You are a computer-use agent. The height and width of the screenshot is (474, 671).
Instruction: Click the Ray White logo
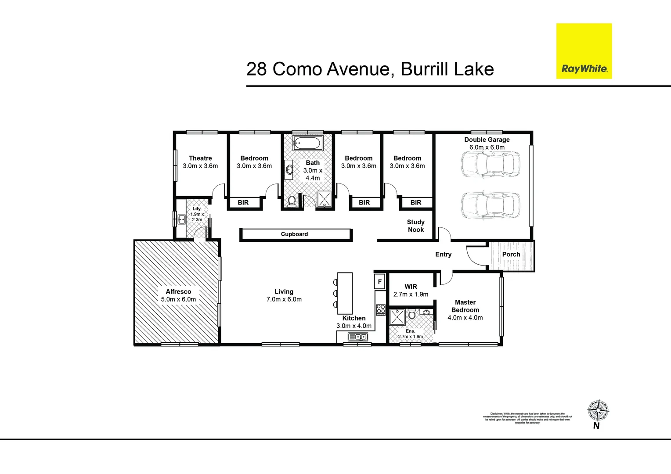[x=584, y=51]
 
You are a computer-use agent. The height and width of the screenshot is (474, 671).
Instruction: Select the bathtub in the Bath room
[x=308, y=143]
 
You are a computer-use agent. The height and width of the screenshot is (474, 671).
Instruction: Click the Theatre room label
[x=200, y=158]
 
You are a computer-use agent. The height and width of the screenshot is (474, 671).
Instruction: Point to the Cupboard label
[x=294, y=234]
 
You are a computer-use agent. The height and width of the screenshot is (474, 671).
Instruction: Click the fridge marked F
[x=380, y=282]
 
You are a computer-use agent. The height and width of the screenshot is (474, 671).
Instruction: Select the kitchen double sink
[x=357, y=337]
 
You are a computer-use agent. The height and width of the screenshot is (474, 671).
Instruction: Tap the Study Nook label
[x=415, y=226]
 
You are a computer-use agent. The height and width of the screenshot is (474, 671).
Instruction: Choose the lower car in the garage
[x=490, y=205]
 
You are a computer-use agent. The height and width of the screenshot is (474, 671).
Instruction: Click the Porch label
[x=511, y=254]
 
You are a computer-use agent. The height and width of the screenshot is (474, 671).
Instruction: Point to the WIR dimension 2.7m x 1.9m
[x=411, y=294]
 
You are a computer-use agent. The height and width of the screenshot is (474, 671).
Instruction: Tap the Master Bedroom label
[x=465, y=306]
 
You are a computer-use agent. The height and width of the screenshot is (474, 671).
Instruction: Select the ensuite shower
[x=397, y=317]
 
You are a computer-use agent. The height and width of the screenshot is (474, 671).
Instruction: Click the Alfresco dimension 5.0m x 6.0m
[x=178, y=299]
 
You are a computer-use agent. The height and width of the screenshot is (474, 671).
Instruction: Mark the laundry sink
[x=181, y=219]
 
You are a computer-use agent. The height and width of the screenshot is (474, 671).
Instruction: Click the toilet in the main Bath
[x=292, y=201]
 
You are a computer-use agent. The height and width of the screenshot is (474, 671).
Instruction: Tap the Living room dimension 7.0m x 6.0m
[x=284, y=299]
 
